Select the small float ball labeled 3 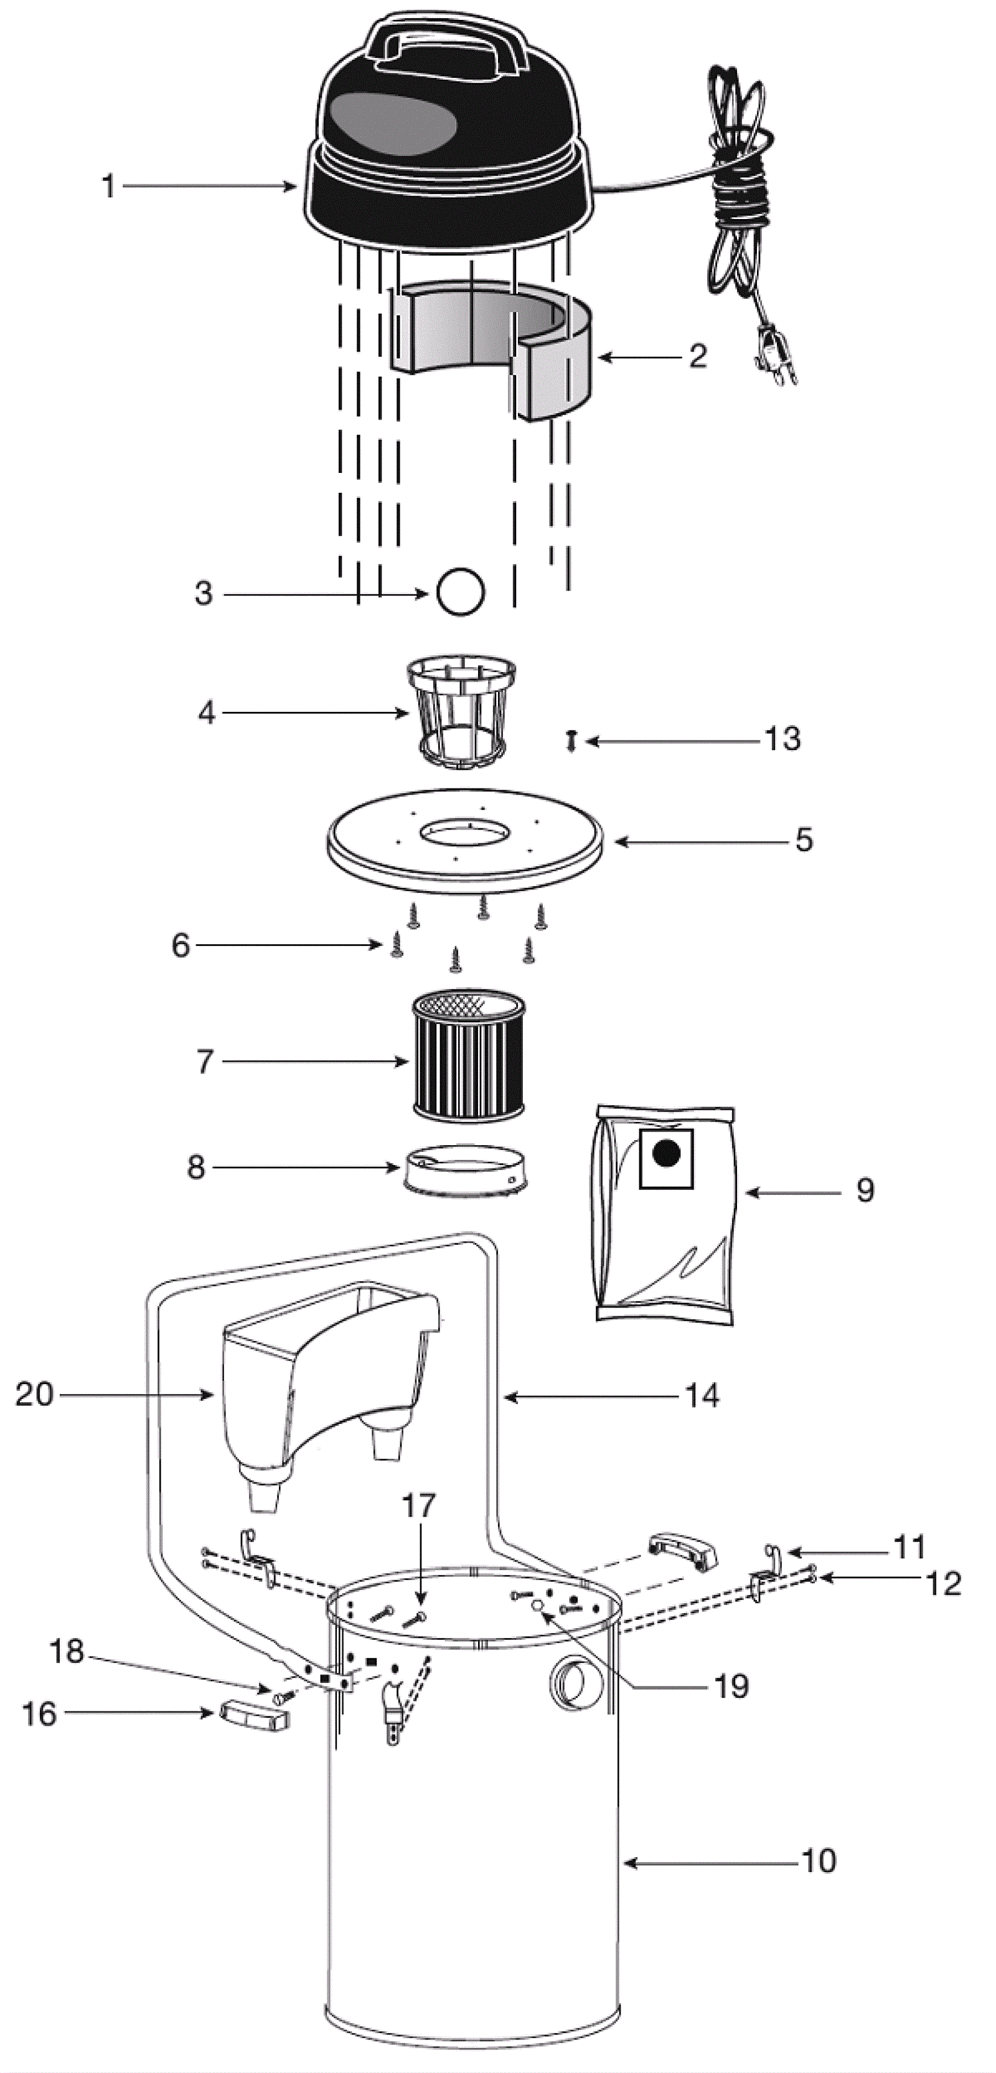460,593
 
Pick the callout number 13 782,739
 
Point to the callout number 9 865,1190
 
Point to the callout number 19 731,1686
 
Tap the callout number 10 819,1861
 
